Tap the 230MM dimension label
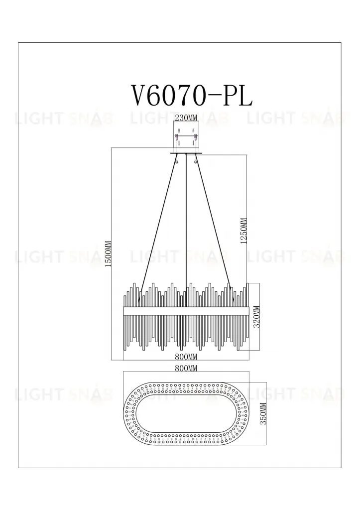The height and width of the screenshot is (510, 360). point(186,118)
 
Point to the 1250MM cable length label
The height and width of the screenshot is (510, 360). point(243,231)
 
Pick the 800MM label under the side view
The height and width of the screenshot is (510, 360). point(186,357)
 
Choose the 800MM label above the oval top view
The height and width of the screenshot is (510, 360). point(186,368)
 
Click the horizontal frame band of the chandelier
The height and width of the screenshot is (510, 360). point(186,310)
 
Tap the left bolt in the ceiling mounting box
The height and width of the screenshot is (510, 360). point(177,136)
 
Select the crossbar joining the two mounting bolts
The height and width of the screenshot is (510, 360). point(186,135)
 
